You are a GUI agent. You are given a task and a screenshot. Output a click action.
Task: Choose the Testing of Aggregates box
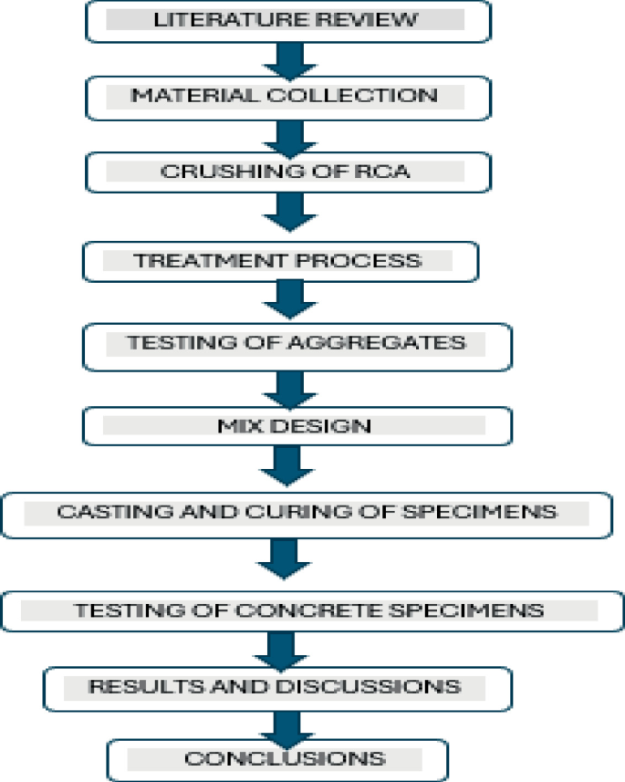tap(297, 345)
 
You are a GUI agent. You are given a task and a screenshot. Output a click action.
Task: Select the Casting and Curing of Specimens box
tap(306, 514)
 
